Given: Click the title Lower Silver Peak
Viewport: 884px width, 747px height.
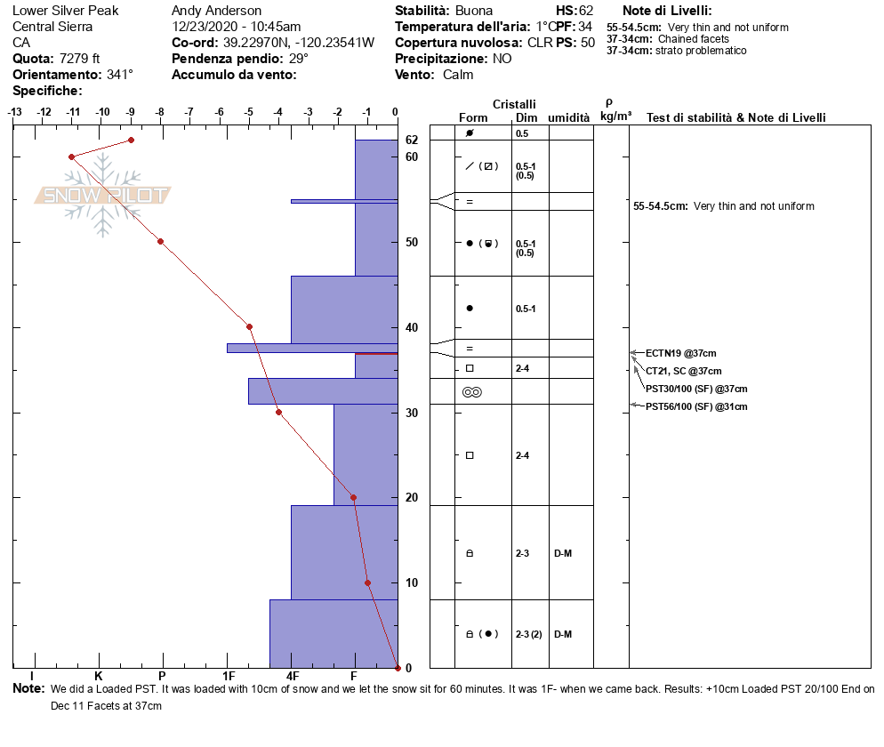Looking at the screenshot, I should (65, 11).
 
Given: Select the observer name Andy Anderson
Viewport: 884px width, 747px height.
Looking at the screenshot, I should (216, 11).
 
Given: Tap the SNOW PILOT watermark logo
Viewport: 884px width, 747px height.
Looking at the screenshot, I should (103, 195).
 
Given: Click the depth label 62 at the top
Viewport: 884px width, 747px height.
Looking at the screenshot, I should (412, 140).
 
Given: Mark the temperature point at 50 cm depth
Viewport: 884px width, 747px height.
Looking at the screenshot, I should (160, 241).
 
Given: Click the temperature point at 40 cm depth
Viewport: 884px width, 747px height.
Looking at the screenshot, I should (249, 326).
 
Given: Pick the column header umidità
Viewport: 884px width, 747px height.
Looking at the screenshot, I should (569, 117).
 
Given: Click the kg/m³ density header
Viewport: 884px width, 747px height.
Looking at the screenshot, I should (615, 116).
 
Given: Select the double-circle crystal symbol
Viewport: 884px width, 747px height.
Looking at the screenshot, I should (471, 391).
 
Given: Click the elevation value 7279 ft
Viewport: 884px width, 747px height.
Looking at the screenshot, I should (79, 59).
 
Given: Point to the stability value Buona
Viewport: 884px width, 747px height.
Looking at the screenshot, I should (474, 11).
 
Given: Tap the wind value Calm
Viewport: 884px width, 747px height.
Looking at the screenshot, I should (458, 75).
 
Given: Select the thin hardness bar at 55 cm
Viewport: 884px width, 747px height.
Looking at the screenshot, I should (343, 201).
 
